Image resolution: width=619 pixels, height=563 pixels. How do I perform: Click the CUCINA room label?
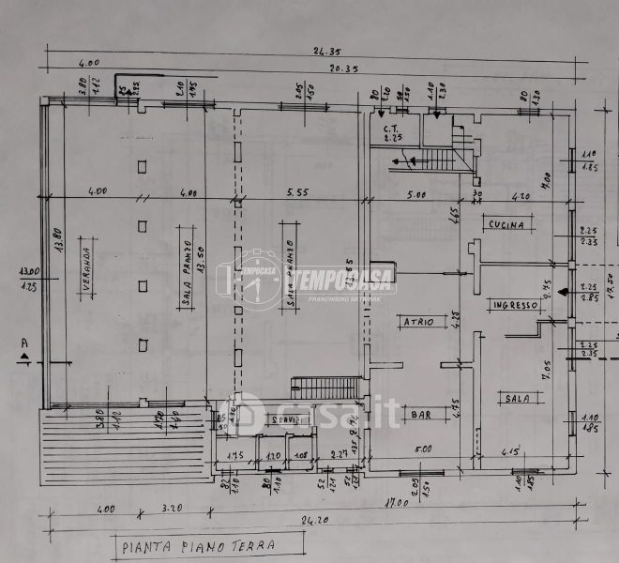[x=510, y=224]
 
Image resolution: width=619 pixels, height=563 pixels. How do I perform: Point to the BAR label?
[x=419, y=414]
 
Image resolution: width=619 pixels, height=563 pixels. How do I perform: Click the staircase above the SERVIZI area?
[x=325, y=388]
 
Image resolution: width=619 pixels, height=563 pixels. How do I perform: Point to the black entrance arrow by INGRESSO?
[x=561, y=293]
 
